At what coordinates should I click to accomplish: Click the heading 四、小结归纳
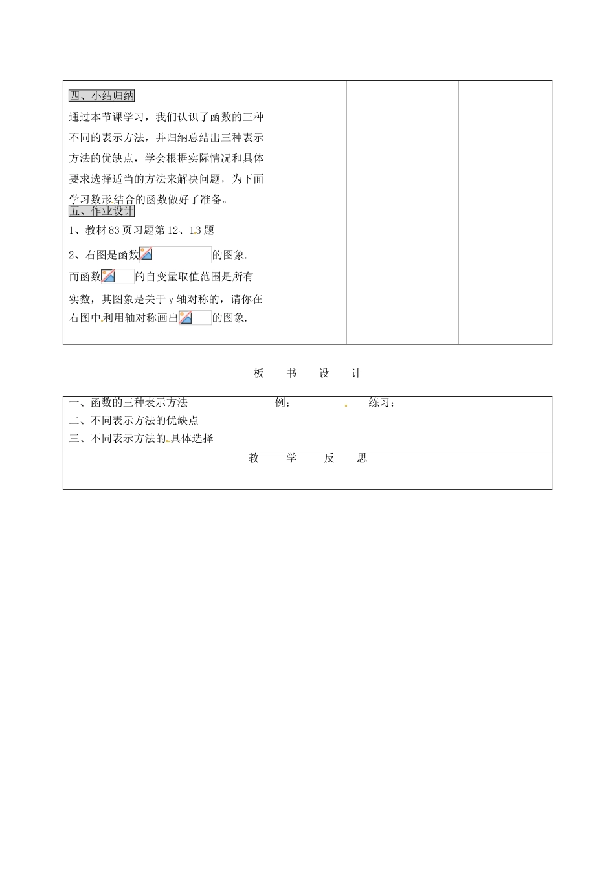102,96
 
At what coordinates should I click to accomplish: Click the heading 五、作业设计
102,211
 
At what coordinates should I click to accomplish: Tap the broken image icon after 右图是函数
146,254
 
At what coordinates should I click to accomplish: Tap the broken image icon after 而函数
108,276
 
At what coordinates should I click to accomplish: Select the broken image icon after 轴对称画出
185,318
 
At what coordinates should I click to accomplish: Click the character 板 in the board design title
259,374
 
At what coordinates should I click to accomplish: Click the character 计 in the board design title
356,374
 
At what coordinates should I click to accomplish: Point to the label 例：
283,403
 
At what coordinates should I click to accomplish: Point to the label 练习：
382,403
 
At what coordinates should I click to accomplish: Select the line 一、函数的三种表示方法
128,403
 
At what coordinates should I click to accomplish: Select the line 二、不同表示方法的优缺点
133,421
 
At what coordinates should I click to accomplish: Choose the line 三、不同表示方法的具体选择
141,439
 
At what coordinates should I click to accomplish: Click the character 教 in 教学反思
254,458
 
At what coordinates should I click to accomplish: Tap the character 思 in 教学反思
362,458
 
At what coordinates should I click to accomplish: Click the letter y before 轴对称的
170,300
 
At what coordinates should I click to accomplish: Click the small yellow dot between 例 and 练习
346,405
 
